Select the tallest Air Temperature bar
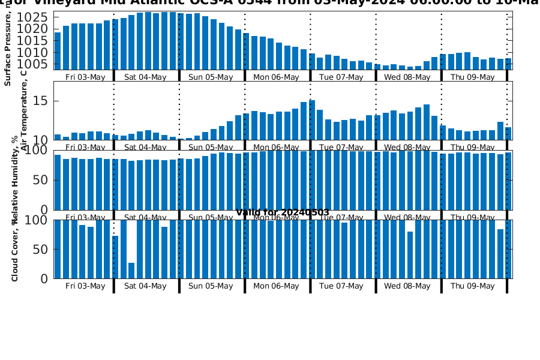click(x=312, y=120)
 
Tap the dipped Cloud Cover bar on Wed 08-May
click(x=410, y=255)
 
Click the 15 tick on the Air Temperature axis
click(x=40, y=101)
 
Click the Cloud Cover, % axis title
click(x=15, y=249)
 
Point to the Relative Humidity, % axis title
click(x=15, y=180)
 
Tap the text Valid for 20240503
click(x=283, y=212)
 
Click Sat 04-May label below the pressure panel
click(x=145, y=77)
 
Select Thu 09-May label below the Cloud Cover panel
click(x=472, y=286)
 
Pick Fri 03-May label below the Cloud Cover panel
click(x=85, y=286)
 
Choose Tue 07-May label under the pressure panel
click(x=341, y=77)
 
